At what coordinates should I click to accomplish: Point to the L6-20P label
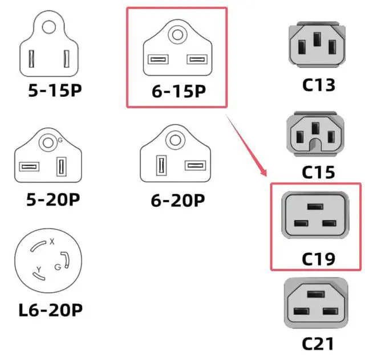[x=51, y=310]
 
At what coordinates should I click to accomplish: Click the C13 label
[x=318, y=85]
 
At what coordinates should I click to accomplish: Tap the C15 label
[x=318, y=171]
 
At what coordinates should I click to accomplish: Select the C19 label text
[x=318, y=260]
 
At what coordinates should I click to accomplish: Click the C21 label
[x=318, y=344]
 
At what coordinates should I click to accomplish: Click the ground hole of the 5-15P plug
[x=50, y=26]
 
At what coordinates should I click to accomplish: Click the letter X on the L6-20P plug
[x=52, y=242]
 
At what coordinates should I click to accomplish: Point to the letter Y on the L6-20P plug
[x=38, y=269]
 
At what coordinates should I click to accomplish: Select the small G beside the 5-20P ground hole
[x=60, y=140]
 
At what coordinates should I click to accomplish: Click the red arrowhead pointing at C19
[x=263, y=171]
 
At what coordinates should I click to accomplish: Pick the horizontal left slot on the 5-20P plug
[x=29, y=167]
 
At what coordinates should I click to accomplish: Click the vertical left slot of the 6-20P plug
[x=161, y=167]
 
